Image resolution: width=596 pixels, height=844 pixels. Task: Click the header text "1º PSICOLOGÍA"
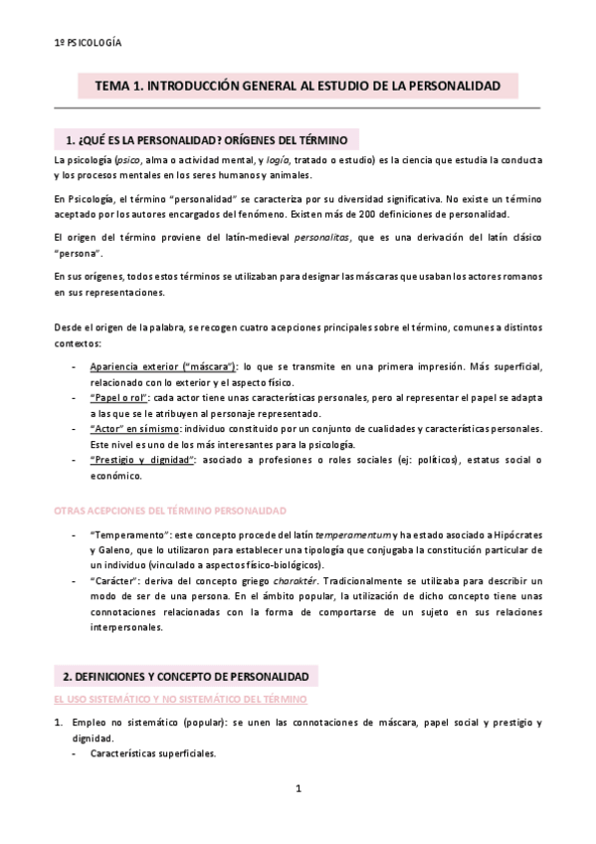88,44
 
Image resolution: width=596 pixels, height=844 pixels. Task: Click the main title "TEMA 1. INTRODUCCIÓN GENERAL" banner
298,87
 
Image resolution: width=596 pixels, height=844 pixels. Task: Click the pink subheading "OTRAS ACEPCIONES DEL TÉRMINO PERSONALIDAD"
169,509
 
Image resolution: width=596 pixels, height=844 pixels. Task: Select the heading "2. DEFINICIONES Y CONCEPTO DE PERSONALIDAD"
185,676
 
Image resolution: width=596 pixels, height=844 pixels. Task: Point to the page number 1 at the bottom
298,790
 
